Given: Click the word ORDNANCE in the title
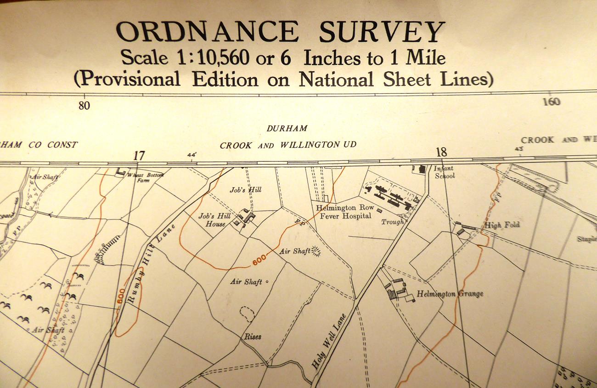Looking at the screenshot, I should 207,32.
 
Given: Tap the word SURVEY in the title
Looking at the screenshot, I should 382,32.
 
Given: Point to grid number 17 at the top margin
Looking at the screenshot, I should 139,156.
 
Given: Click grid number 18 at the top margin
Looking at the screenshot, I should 441,152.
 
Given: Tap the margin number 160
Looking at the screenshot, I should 551,102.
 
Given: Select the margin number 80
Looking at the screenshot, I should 84,106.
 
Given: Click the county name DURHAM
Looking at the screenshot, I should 287,129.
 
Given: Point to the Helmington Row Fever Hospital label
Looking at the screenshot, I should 345,211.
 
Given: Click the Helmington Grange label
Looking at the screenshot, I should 450,294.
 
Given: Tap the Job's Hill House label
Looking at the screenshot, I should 212,220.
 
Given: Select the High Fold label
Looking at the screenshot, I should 501,225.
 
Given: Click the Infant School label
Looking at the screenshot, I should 444,172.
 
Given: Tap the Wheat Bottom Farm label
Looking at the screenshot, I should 144,177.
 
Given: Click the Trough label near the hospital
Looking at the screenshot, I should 392,222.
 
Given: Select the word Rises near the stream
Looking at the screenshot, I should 253,337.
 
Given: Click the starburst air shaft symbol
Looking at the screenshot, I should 315,251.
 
